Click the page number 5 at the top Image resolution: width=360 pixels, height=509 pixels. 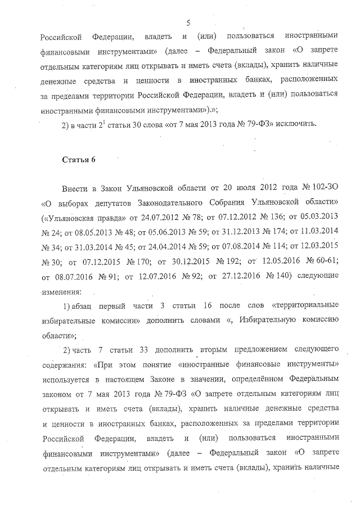(x=188, y=22)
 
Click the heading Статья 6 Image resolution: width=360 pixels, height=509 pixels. (x=79, y=160)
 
